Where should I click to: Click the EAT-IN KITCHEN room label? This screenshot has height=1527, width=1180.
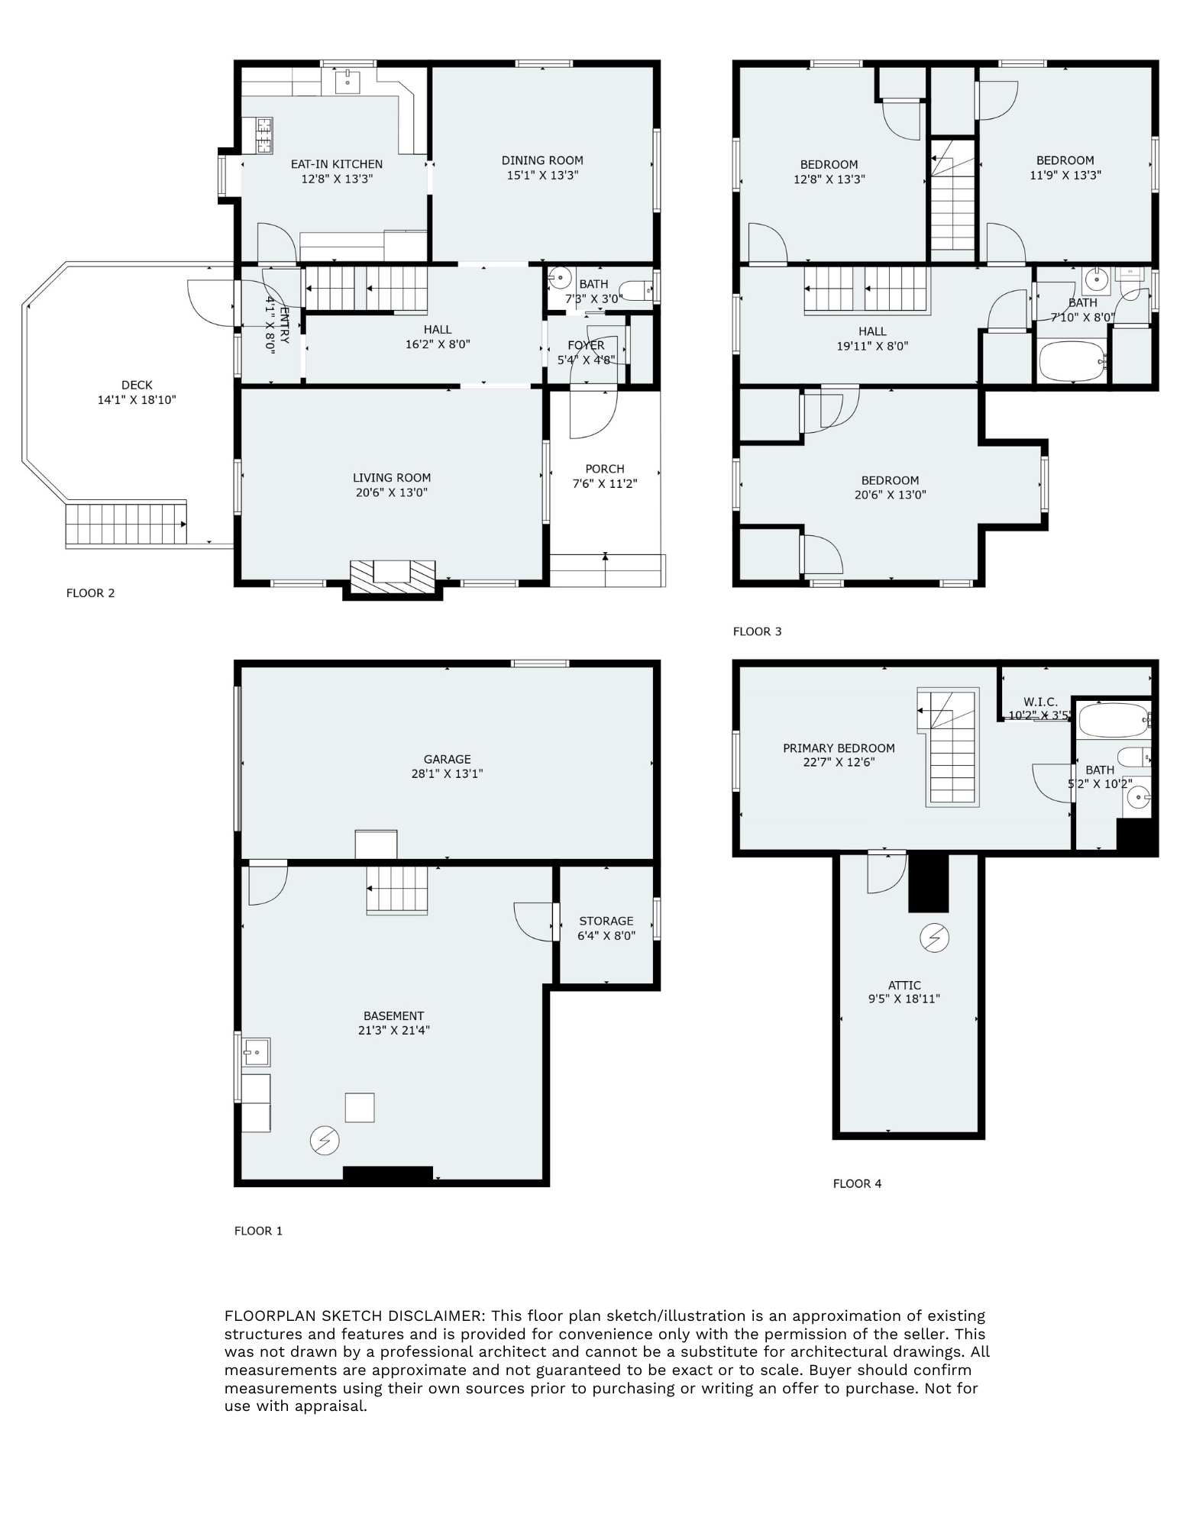336,164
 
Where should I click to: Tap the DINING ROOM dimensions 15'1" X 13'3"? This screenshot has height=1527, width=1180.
542,175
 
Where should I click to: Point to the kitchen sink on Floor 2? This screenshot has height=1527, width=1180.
348,79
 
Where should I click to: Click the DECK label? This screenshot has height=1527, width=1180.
137,386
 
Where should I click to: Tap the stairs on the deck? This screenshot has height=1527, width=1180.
127,523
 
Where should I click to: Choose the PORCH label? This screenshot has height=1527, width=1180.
605,469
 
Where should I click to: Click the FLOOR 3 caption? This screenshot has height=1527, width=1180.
757,631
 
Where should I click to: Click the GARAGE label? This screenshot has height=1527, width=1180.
448,759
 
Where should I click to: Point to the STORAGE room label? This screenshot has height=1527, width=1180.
606,921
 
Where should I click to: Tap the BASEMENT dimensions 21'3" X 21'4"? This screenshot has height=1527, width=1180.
394,1030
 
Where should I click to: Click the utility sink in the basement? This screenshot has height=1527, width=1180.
257,1052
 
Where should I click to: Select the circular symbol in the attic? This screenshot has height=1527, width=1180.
935,938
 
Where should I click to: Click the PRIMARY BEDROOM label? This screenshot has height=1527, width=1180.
839,748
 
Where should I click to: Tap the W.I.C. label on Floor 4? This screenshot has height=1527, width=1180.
1040,702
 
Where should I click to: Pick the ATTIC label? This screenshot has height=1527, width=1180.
904,985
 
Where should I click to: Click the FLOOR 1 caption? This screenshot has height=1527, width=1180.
258,1231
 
